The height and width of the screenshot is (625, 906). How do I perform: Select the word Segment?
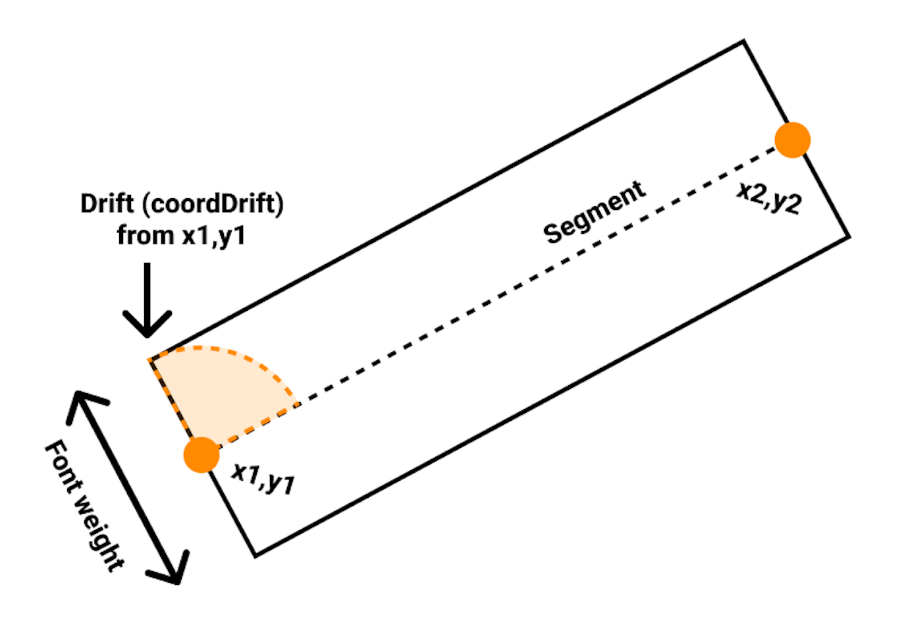point(595,212)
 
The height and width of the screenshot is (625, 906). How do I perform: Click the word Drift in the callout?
point(107,204)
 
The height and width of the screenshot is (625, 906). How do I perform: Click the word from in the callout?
point(146,235)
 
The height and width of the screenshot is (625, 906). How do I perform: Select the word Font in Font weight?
point(66,466)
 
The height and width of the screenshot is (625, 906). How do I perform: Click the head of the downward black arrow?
point(147,327)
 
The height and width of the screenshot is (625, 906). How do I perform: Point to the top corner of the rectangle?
point(743,42)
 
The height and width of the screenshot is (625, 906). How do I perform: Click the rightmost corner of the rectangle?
point(849,236)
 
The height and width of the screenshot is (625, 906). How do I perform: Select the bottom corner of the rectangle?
point(255,555)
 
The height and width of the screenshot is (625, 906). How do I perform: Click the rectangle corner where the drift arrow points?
point(149,360)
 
